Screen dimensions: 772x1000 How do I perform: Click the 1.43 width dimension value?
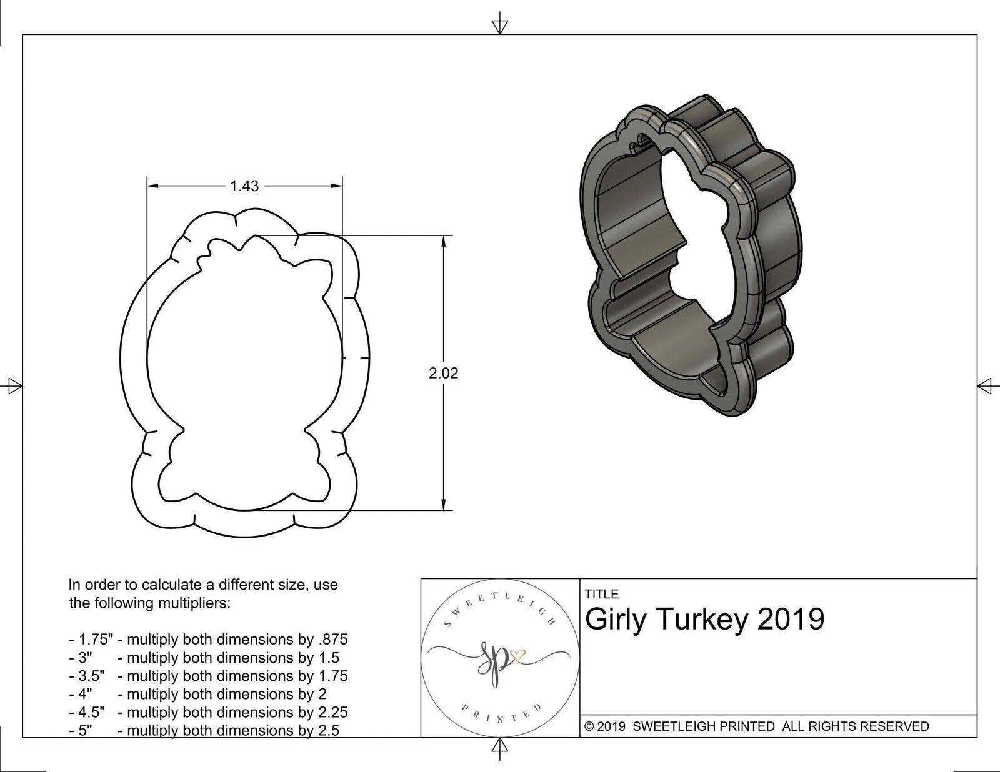244,186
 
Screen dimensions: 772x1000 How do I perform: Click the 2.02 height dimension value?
443,373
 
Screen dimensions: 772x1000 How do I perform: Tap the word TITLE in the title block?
602,594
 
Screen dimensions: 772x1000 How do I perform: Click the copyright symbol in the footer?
589,726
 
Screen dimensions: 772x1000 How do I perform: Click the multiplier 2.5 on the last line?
327,730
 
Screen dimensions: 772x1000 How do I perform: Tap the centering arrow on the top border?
499,26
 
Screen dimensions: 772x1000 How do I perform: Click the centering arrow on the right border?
986,386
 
